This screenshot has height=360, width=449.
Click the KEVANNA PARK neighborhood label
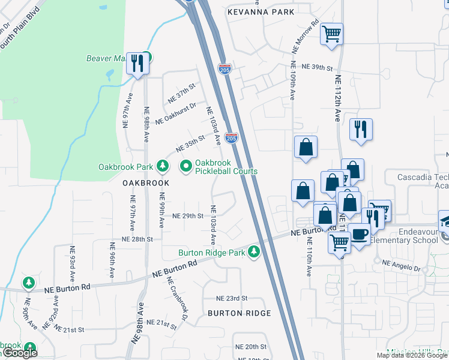click(261, 12)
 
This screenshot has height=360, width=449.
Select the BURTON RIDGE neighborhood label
click(240, 313)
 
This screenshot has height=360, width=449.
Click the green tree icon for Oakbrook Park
click(161, 166)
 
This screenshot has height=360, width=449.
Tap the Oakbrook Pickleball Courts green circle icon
click(185, 166)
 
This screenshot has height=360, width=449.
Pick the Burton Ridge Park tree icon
click(254, 252)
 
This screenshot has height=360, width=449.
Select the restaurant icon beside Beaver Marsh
click(138, 62)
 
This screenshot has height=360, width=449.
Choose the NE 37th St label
click(182, 93)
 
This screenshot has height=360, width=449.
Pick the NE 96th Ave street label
click(112, 261)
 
